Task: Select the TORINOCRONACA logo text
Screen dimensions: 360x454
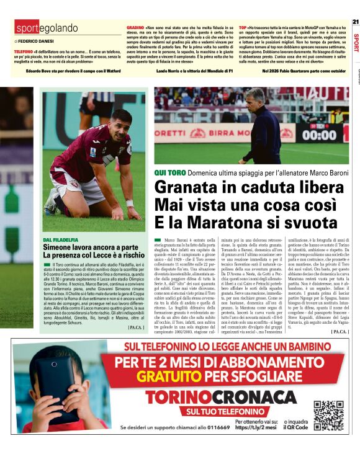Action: tap(207, 397)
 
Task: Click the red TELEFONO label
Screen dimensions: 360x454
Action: tap(24, 51)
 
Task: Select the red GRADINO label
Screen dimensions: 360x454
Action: tap(135, 29)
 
